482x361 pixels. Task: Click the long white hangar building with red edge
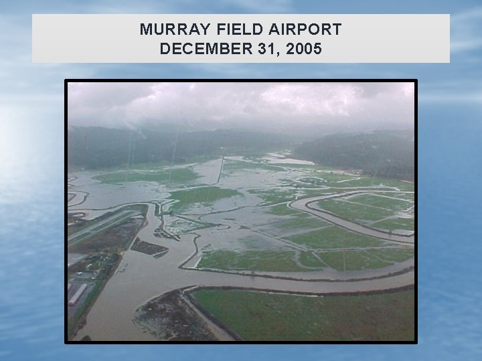tap(78, 294)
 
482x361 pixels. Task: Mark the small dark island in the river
tap(149, 248)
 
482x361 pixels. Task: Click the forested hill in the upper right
tap(361, 150)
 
